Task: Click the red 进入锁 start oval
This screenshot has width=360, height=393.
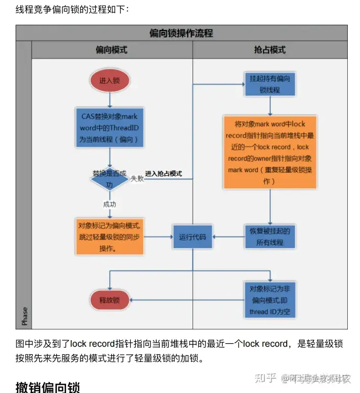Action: coord(110,80)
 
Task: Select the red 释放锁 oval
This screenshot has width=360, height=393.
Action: coord(110,299)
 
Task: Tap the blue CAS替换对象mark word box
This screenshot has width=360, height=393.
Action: coord(110,127)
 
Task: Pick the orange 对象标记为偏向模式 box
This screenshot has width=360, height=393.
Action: coord(110,236)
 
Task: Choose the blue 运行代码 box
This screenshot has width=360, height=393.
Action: coord(193,237)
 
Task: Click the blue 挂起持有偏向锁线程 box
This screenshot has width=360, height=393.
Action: coord(269,84)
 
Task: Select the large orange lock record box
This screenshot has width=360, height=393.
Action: coord(269,153)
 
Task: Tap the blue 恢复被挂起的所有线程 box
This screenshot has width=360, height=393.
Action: coord(269,237)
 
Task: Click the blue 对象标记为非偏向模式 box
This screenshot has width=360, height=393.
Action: coord(269,299)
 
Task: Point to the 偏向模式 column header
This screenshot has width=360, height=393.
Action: coord(111,50)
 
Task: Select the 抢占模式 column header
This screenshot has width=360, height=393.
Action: coord(269,50)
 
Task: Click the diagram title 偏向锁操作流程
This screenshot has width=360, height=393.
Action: coord(181,34)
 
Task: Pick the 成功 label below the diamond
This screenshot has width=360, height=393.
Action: coord(110,204)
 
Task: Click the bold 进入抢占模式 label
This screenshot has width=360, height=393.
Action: coord(163,174)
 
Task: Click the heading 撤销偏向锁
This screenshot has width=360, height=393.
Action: coord(48,386)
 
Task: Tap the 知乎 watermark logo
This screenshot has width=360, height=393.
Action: coord(265,378)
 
